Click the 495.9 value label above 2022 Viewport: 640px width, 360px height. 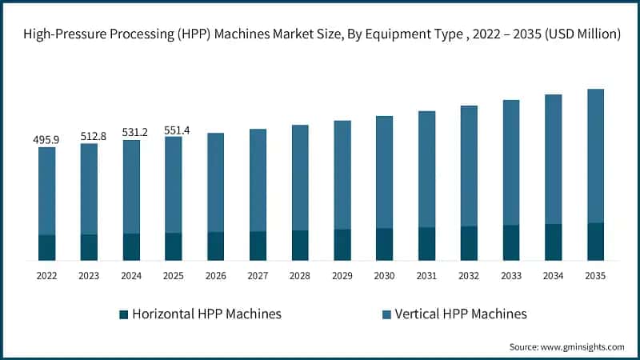click(x=46, y=140)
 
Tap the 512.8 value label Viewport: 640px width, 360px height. click(x=89, y=137)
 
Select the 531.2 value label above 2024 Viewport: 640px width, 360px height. click(x=131, y=133)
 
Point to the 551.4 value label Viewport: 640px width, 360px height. click(x=174, y=129)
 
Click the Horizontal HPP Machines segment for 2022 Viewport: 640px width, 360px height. click(x=46, y=247)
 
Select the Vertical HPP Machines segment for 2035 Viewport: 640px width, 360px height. click(x=595, y=156)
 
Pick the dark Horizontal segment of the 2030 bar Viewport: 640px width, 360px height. click(x=385, y=244)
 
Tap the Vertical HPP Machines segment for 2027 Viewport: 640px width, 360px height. click(x=258, y=180)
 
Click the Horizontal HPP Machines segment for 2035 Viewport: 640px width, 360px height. click(x=595, y=242)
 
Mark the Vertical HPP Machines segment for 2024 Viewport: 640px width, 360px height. click(x=131, y=186)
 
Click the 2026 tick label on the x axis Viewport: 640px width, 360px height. click(x=215, y=276)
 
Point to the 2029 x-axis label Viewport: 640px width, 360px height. click(x=342, y=276)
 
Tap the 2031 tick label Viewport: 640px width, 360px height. click(x=426, y=276)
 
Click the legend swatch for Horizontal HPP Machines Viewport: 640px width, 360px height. click(x=123, y=314)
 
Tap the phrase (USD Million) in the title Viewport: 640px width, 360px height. click(x=583, y=34)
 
